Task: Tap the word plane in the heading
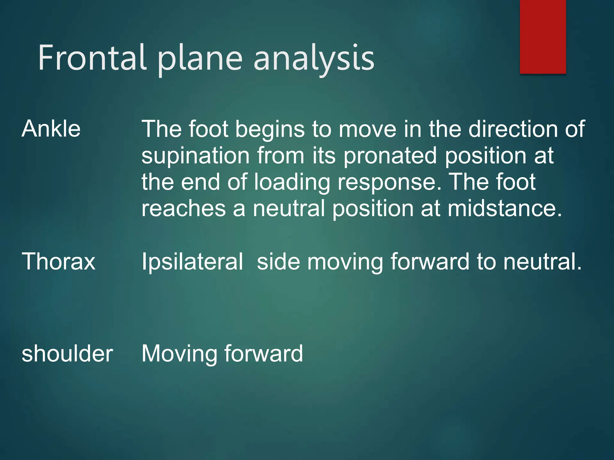[x=200, y=59]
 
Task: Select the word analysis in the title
[x=314, y=59]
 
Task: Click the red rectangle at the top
[x=543, y=37]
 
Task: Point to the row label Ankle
[x=51, y=129]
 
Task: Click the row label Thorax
[x=58, y=261]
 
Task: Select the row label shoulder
[x=67, y=354]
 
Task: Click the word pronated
[x=390, y=156]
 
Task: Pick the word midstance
[x=504, y=208]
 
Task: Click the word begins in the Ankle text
[x=270, y=129]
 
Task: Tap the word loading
[x=292, y=183]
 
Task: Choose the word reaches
[x=183, y=208]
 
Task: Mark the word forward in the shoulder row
[x=264, y=354]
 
